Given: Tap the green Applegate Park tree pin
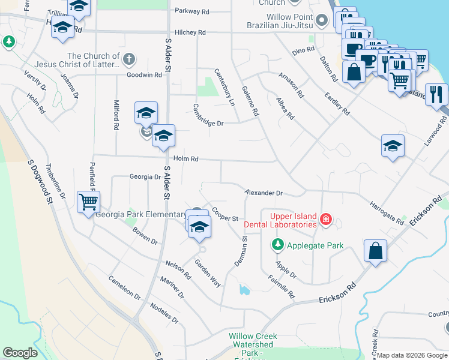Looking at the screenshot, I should pyautogui.click(x=277, y=244).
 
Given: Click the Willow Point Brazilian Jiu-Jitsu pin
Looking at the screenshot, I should pyautogui.click(x=322, y=21).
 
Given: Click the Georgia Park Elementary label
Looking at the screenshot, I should pyautogui.click(x=140, y=215).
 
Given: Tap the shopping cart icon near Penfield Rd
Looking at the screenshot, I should pyautogui.click(x=88, y=202).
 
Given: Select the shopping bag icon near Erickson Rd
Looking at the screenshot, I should pyautogui.click(x=375, y=251).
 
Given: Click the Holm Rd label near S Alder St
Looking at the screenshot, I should pyautogui.click(x=185, y=158).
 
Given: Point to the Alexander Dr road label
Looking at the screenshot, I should pyautogui.click(x=264, y=193).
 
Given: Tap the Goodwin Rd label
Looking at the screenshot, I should pyautogui.click(x=144, y=75).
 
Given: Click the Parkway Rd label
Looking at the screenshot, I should pyautogui.click(x=192, y=11).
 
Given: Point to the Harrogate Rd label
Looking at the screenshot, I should pyautogui.click(x=387, y=212).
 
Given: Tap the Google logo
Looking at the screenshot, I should pyautogui.click(x=20, y=353).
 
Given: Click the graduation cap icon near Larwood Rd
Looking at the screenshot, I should pyautogui.click(x=393, y=146).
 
